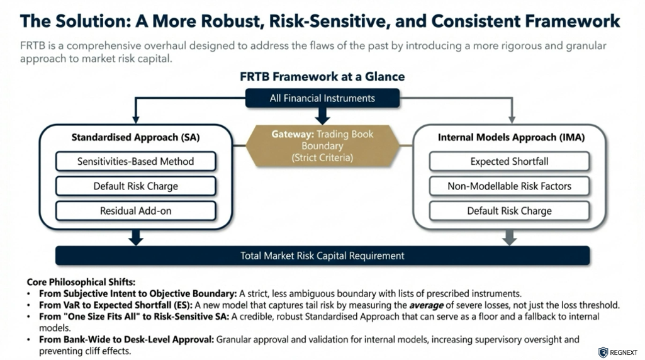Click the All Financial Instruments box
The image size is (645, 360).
point(322,98)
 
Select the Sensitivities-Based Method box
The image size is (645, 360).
point(136,161)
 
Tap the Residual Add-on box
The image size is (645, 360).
point(136,211)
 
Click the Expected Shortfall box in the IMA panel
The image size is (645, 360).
point(509,161)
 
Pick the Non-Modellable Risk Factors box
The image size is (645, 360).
point(509,186)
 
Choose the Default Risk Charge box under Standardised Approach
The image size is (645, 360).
point(136,186)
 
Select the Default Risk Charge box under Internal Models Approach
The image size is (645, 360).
point(509,211)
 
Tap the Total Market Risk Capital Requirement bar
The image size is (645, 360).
point(322,256)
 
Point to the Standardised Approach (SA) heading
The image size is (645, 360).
point(136,137)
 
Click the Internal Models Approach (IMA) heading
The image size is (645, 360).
point(509,137)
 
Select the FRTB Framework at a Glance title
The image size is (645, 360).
point(322,77)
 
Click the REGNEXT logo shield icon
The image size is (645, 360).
point(603,352)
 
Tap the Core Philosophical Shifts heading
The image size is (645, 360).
point(81,282)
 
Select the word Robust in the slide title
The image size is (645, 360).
point(228,21)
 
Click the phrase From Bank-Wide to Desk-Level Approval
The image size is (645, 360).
point(126,339)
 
